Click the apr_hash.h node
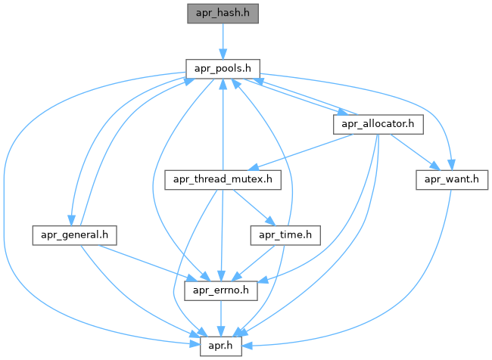[222, 13]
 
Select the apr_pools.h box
[222, 67]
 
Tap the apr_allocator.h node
[378, 123]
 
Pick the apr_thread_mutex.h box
[223, 179]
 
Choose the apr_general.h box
[73, 235]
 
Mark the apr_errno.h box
[223, 290]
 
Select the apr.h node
[223, 346]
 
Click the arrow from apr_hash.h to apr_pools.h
[222, 40]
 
